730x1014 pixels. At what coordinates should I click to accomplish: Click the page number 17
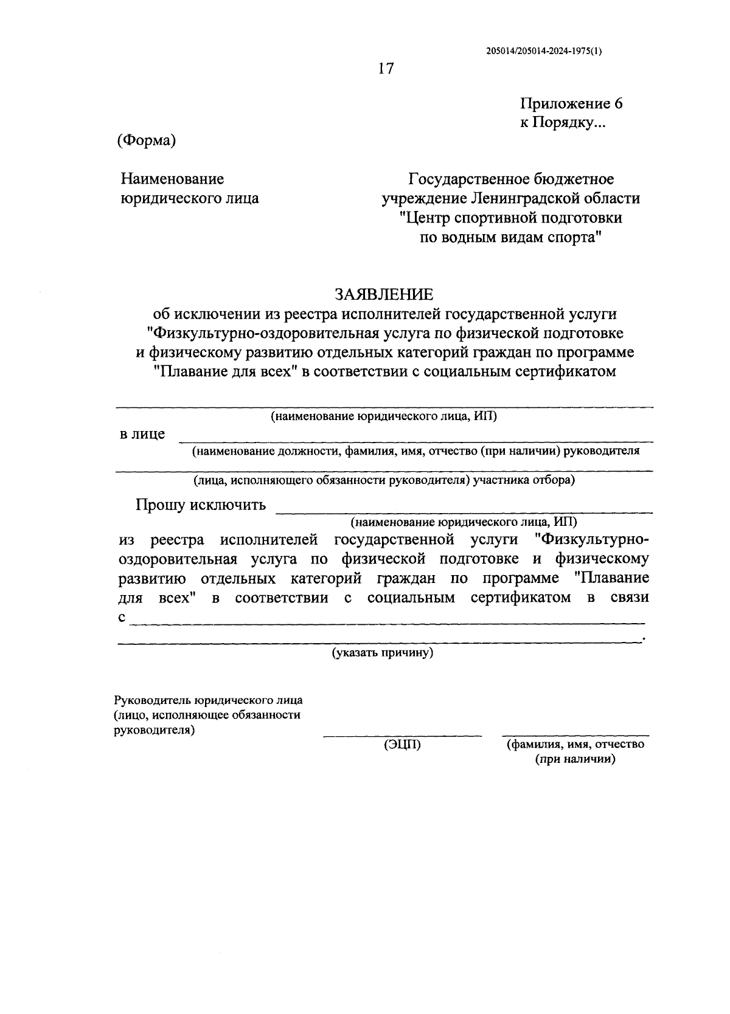click(x=386, y=69)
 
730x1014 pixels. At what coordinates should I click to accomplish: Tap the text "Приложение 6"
click(x=571, y=103)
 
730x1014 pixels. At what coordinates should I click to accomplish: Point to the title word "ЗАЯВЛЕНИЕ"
click(x=384, y=295)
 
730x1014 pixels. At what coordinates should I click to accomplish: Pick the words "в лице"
click(x=142, y=434)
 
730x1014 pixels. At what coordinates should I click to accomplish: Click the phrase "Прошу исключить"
click(x=201, y=505)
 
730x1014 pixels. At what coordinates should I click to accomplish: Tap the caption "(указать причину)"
click(x=382, y=654)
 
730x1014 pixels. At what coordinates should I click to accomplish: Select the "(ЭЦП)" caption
click(x=402, y=745)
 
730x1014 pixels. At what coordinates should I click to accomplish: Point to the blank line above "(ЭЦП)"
click(x=402, y=736)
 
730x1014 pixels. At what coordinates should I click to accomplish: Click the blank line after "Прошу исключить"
click(x=464, y=512)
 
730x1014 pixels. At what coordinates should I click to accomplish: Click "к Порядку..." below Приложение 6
click(x=562, y=123)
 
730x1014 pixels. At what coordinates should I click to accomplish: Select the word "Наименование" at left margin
click(x=172, y=179)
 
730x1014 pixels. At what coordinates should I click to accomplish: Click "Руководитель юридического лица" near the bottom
click(x=208, y=700)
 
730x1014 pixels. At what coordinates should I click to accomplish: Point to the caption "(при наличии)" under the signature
click(x=575, y=759)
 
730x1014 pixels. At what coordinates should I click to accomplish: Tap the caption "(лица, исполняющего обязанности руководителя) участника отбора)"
click(x=384, y=480)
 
